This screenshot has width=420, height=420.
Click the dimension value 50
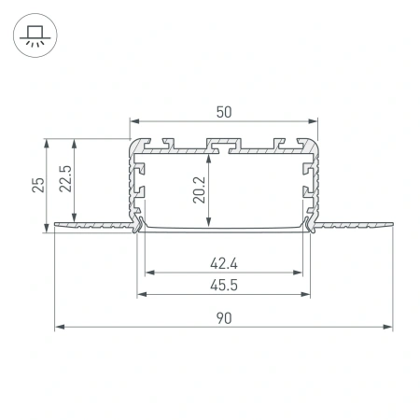pos(223,111)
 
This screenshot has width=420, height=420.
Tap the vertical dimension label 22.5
pos(63,178)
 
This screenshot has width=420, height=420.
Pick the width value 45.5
pos(223,287)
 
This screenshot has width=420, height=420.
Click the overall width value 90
pos(223,317)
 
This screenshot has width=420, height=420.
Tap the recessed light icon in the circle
pos(35,35)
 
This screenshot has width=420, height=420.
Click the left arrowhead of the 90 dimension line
pos(58,327)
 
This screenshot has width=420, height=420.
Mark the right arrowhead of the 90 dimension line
pos(389,327)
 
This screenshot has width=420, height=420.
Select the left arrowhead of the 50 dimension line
pos(132,121)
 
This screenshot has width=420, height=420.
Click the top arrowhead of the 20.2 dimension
pos(206,155)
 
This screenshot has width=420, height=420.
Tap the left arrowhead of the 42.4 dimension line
pos(147,273)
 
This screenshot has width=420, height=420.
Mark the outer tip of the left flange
pos(54,223)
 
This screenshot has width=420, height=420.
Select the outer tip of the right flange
pos(393,223)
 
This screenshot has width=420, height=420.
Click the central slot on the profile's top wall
pos(223,145)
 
